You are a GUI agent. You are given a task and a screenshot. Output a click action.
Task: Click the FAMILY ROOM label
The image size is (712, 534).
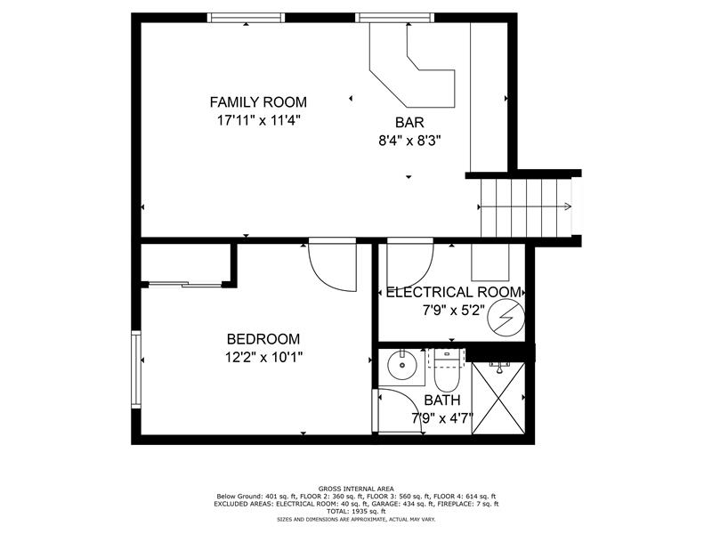pos(258,102)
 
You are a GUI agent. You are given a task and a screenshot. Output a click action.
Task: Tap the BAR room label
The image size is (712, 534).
pos(409,122)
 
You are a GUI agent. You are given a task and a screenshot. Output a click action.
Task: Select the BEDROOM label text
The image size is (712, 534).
pos(263,339)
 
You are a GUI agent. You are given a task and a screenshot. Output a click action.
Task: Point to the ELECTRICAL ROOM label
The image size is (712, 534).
pos(453,292)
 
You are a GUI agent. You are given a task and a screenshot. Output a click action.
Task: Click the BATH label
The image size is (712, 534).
pos(442,400)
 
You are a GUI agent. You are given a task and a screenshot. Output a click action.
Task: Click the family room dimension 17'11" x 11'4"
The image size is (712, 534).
pos(259,121)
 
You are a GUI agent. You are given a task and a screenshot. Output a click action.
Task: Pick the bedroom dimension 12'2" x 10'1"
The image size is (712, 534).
pos(263,358)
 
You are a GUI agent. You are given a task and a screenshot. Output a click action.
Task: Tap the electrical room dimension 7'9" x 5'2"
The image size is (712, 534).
pos(454,311)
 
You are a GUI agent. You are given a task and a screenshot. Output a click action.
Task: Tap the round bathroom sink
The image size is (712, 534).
pos(401,365)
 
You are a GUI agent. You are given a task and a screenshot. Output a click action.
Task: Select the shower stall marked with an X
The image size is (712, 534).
pos(498,398)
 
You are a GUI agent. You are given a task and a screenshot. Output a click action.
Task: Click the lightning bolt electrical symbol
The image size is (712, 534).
pos(506,317)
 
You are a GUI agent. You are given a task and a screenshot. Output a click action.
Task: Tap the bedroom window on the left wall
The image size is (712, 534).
pos(136,369)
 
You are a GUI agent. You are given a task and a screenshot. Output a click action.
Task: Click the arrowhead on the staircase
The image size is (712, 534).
pos(568,206)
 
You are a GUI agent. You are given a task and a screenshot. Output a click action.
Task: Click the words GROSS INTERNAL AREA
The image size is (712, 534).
pos(356,489)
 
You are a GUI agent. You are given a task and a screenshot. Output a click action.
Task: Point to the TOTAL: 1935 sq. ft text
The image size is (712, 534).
pos(356,511)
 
